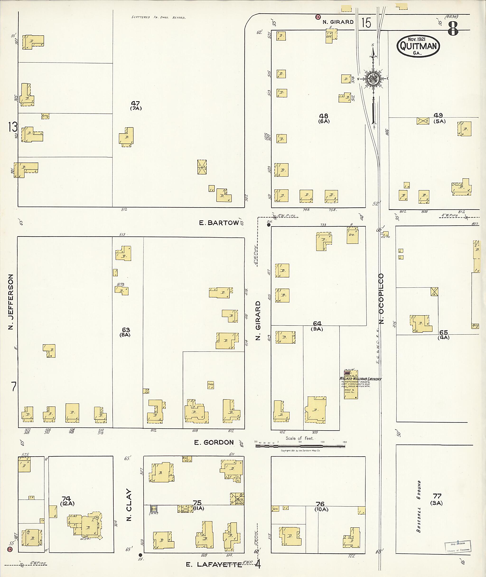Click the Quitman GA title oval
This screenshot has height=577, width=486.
pos(418,46)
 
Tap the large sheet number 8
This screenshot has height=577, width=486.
pos(453,29)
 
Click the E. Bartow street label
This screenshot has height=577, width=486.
pos(219,223)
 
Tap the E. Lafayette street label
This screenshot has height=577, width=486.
pos(214,565)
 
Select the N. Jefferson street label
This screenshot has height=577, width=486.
pos(11,302)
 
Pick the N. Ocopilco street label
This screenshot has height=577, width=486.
pos(381,299)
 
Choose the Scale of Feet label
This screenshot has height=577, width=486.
pos(299,438)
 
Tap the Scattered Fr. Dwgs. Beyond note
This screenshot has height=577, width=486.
pos(159,17)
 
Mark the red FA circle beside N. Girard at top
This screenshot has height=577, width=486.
pos(318,17)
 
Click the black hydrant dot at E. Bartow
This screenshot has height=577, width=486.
pos(269,225)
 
